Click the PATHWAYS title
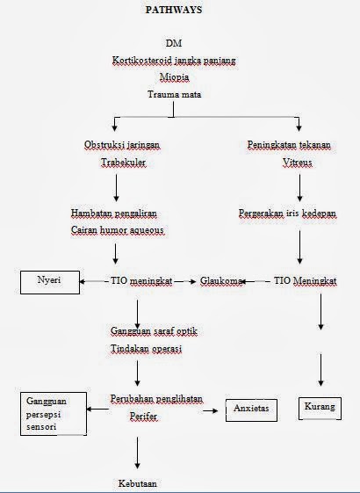click(174, 10)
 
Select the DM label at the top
click(174, 43)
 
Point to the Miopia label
click(175, 77)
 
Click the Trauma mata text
click(175, 94)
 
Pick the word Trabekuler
click(123, 163)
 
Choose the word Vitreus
click(297, 163)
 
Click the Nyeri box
click(50, 282)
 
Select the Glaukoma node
click(221, 280)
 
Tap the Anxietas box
click(251, 410)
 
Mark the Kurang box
click(320, 409)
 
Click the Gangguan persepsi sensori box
click(54, 414)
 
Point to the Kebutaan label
click(137, 483)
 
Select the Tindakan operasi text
click(146, 349)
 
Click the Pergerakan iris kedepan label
click(287, 214)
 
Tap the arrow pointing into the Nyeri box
click(94, 281)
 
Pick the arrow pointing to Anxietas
click(211, 410)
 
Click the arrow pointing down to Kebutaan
click(137, 453)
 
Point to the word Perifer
click(143, 417)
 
